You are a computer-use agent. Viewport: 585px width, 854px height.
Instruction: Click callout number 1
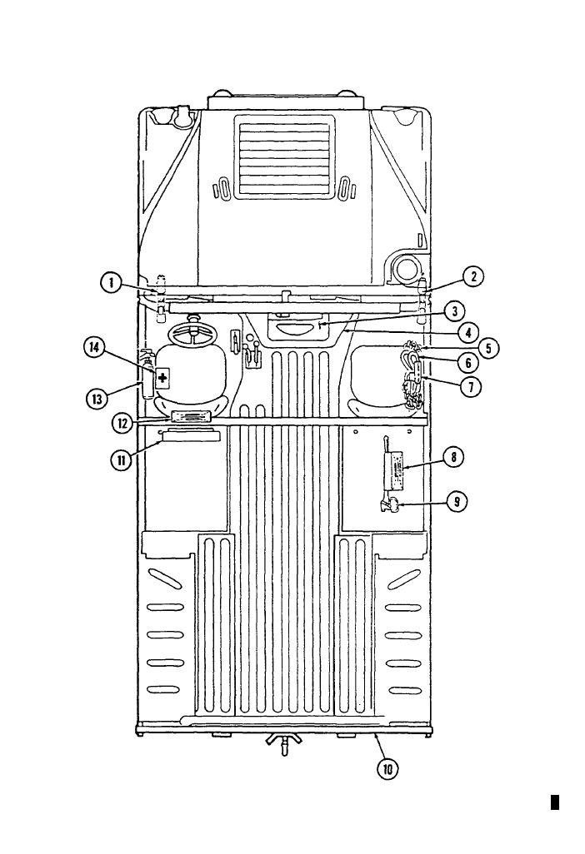click(111, 283)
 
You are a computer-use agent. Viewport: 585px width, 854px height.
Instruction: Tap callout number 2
click(473, 276)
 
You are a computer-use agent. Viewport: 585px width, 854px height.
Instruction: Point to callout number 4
click(468, 332)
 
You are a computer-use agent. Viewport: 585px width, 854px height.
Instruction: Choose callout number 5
click(488, 347)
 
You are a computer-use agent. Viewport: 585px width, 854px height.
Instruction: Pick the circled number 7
click(470, 387)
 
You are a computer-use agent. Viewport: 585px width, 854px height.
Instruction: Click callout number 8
click(453, 456)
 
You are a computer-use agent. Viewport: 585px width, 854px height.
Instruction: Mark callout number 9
click(457, 502)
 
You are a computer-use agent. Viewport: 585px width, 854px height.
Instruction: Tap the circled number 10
click(387, 769)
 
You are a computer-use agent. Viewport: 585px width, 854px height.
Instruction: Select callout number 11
click(121, 460)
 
